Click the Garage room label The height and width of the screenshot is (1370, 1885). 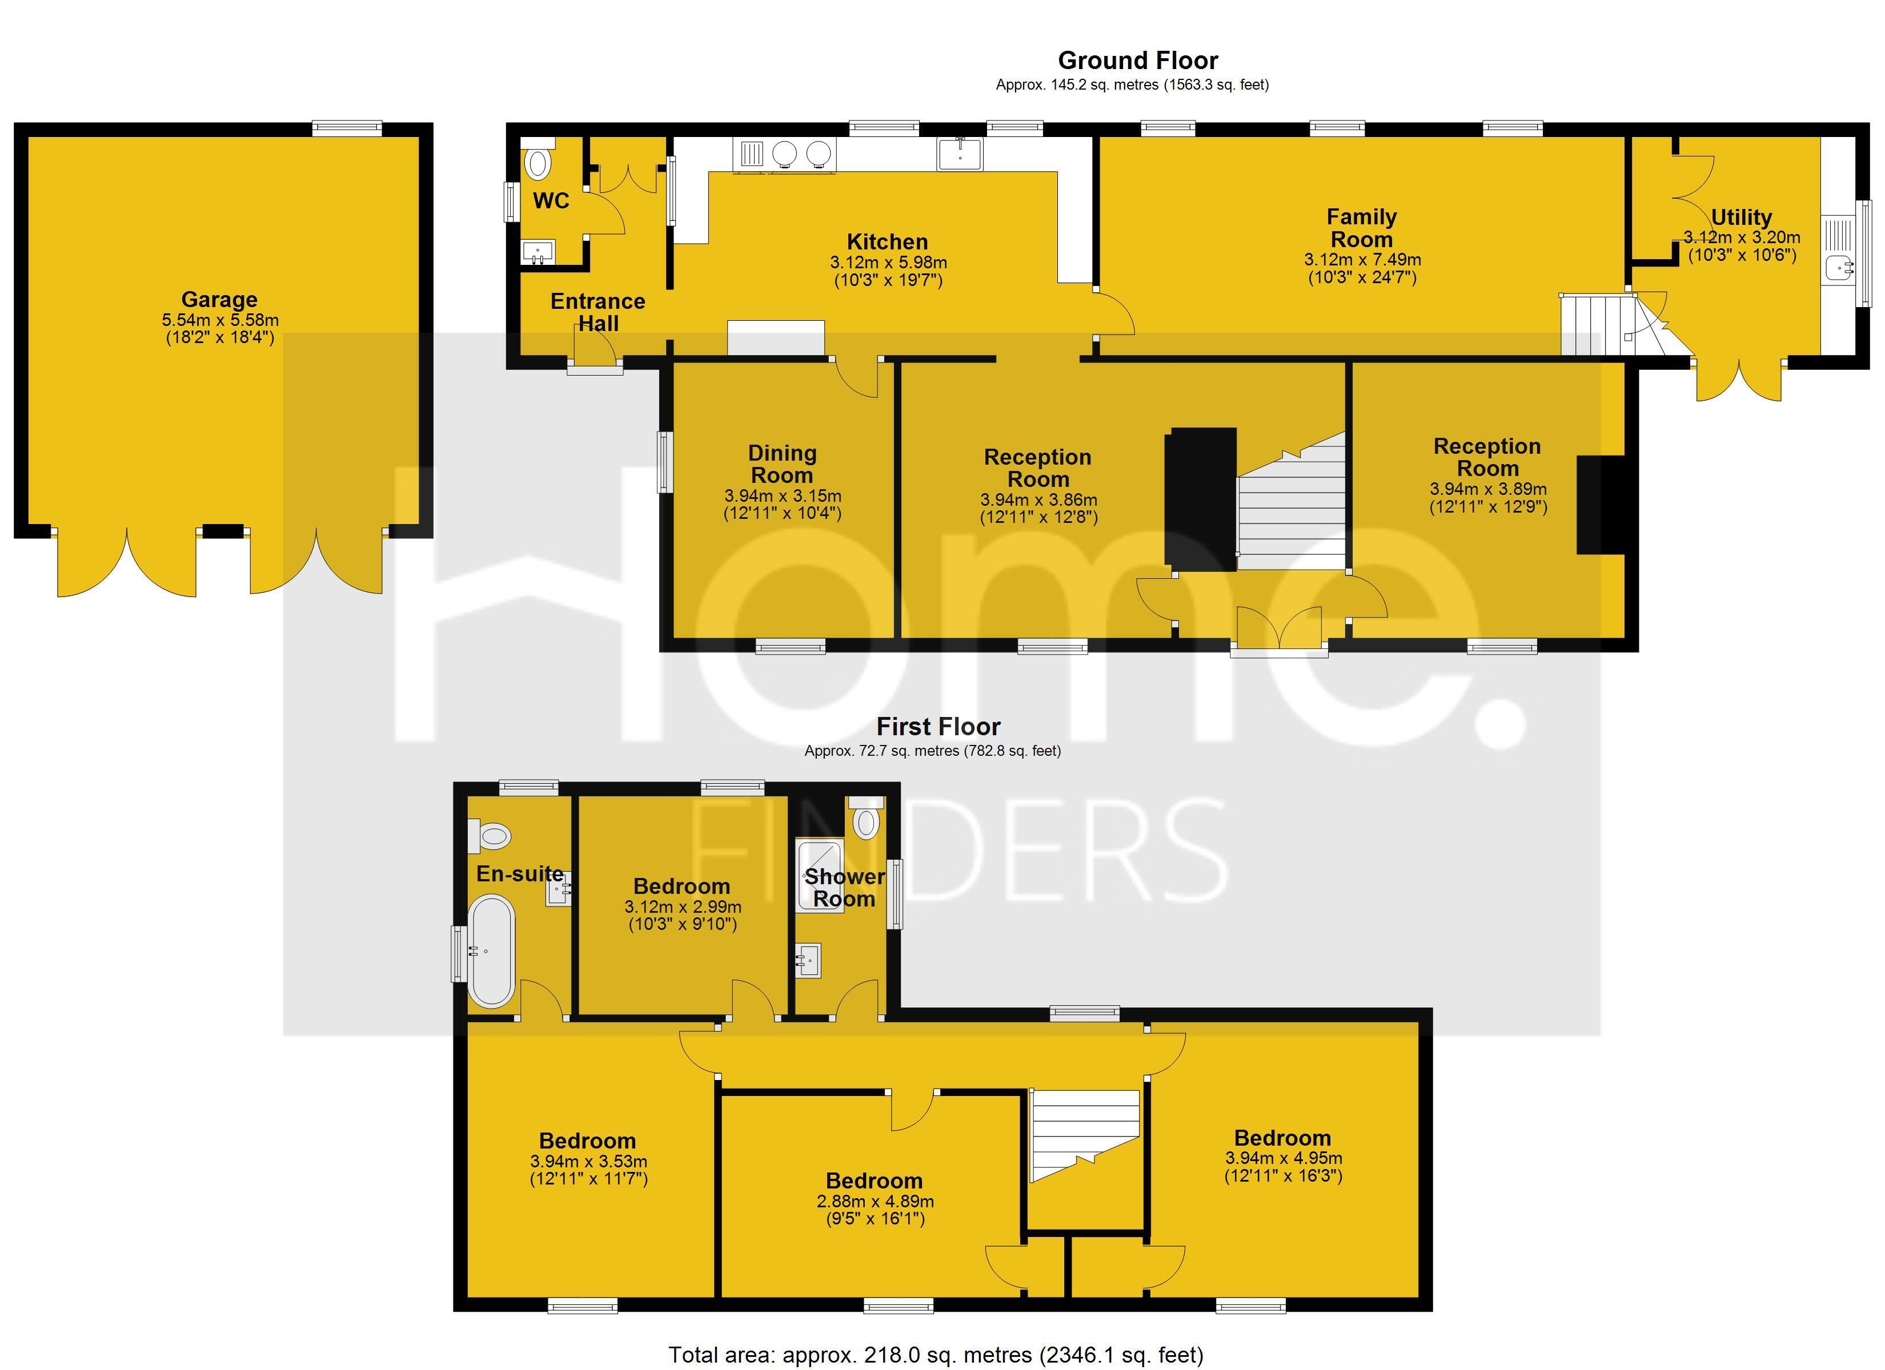point(219,300)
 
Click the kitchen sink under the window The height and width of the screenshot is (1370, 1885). point(960,154)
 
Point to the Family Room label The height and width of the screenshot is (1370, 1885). point(1361,228)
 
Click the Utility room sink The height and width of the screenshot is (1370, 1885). point(1839,268)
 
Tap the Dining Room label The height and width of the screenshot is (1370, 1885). point(782,465)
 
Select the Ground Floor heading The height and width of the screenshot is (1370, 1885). point(1138,61)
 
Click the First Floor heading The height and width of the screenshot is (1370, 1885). point(939,727)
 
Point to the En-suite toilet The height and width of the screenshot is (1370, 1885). point(490,835)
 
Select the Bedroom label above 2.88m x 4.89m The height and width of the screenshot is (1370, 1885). point(875,1180)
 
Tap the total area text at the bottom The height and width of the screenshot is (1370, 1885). point(936,1355)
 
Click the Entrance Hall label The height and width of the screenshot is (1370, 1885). point(597,312)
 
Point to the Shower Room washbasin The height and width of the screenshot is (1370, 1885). point(809,961)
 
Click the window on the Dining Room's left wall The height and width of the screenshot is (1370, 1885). point(665,462)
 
